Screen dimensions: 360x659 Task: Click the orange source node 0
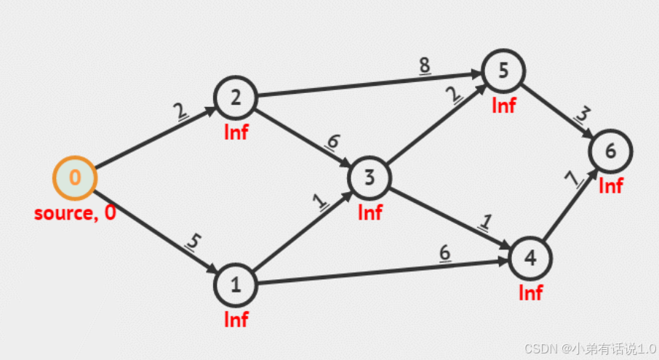click(75, 177)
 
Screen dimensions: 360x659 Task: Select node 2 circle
click(235, 97)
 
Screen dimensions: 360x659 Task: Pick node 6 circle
click(610, 151)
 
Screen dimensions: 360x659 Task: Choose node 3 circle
click(370, 177)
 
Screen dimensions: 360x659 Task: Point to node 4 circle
click(530, 258)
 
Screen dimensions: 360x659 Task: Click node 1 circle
click(236, 285)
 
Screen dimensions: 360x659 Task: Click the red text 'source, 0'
click(75, 213)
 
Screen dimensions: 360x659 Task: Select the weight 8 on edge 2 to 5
click(424, 66)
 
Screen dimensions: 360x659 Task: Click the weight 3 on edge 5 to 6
click(582, 116)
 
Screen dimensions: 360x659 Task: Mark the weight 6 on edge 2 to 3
click(332, 142)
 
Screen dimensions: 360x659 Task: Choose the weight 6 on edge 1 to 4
click(444, 252)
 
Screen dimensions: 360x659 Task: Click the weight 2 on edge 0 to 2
click(179, 111)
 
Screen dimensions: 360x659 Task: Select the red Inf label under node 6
click(611, 186)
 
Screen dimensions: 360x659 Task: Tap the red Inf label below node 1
click(236, 319)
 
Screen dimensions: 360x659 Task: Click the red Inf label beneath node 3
click(370, 212)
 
